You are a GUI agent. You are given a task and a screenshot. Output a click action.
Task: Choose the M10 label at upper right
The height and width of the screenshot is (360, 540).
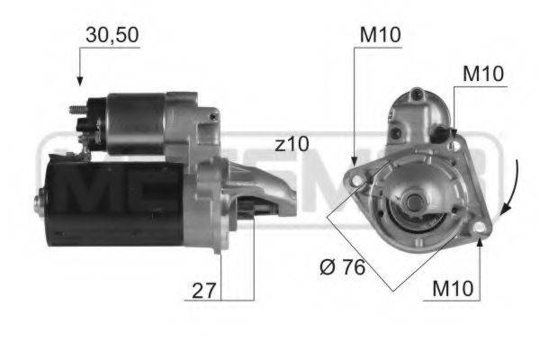coord(483,74)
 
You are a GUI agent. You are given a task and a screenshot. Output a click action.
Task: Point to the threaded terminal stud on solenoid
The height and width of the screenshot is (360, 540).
coord(76,112)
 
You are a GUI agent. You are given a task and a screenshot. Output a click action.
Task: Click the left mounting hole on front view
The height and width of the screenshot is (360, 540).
coord(358,181)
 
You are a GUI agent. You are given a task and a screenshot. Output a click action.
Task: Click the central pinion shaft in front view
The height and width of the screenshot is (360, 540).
coord(416,200)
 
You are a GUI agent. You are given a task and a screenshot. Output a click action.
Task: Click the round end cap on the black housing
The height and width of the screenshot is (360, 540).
coord(40,202)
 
